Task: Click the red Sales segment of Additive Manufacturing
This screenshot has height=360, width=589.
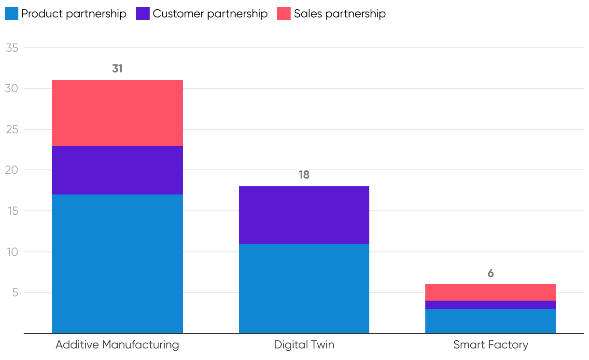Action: coord(117,113)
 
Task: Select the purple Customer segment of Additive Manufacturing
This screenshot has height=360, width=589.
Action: coord(117,170)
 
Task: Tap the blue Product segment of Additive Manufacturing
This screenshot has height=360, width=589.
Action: coord(117,263)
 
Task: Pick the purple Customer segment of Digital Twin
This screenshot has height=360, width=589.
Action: coord(304,215)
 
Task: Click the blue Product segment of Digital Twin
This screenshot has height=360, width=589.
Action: coord(304,288)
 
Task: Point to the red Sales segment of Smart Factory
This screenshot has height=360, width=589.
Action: coord(491,292)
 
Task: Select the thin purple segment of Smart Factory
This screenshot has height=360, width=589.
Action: coord(491,305)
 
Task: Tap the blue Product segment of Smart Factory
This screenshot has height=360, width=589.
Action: coord(491,321)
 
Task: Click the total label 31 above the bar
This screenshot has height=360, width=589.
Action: coord(117,69)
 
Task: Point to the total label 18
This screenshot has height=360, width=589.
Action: coord(304,175)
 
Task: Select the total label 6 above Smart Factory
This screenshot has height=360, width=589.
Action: coord(491,273)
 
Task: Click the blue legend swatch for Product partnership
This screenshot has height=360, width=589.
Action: coord(11,14)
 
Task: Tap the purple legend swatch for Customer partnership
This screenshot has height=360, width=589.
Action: coord(143,14)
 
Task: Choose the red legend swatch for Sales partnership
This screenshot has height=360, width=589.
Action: coord(284,14)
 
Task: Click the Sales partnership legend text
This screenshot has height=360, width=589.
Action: coord(340,14)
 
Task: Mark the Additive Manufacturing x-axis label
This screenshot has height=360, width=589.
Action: coord(117,345)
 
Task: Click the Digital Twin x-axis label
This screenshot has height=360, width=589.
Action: coord(304,345)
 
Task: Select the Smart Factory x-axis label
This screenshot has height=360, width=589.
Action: coord(491,345)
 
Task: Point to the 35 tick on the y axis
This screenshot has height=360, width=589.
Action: coord(12,48)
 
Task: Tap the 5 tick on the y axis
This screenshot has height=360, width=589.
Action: coord(14,292)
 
